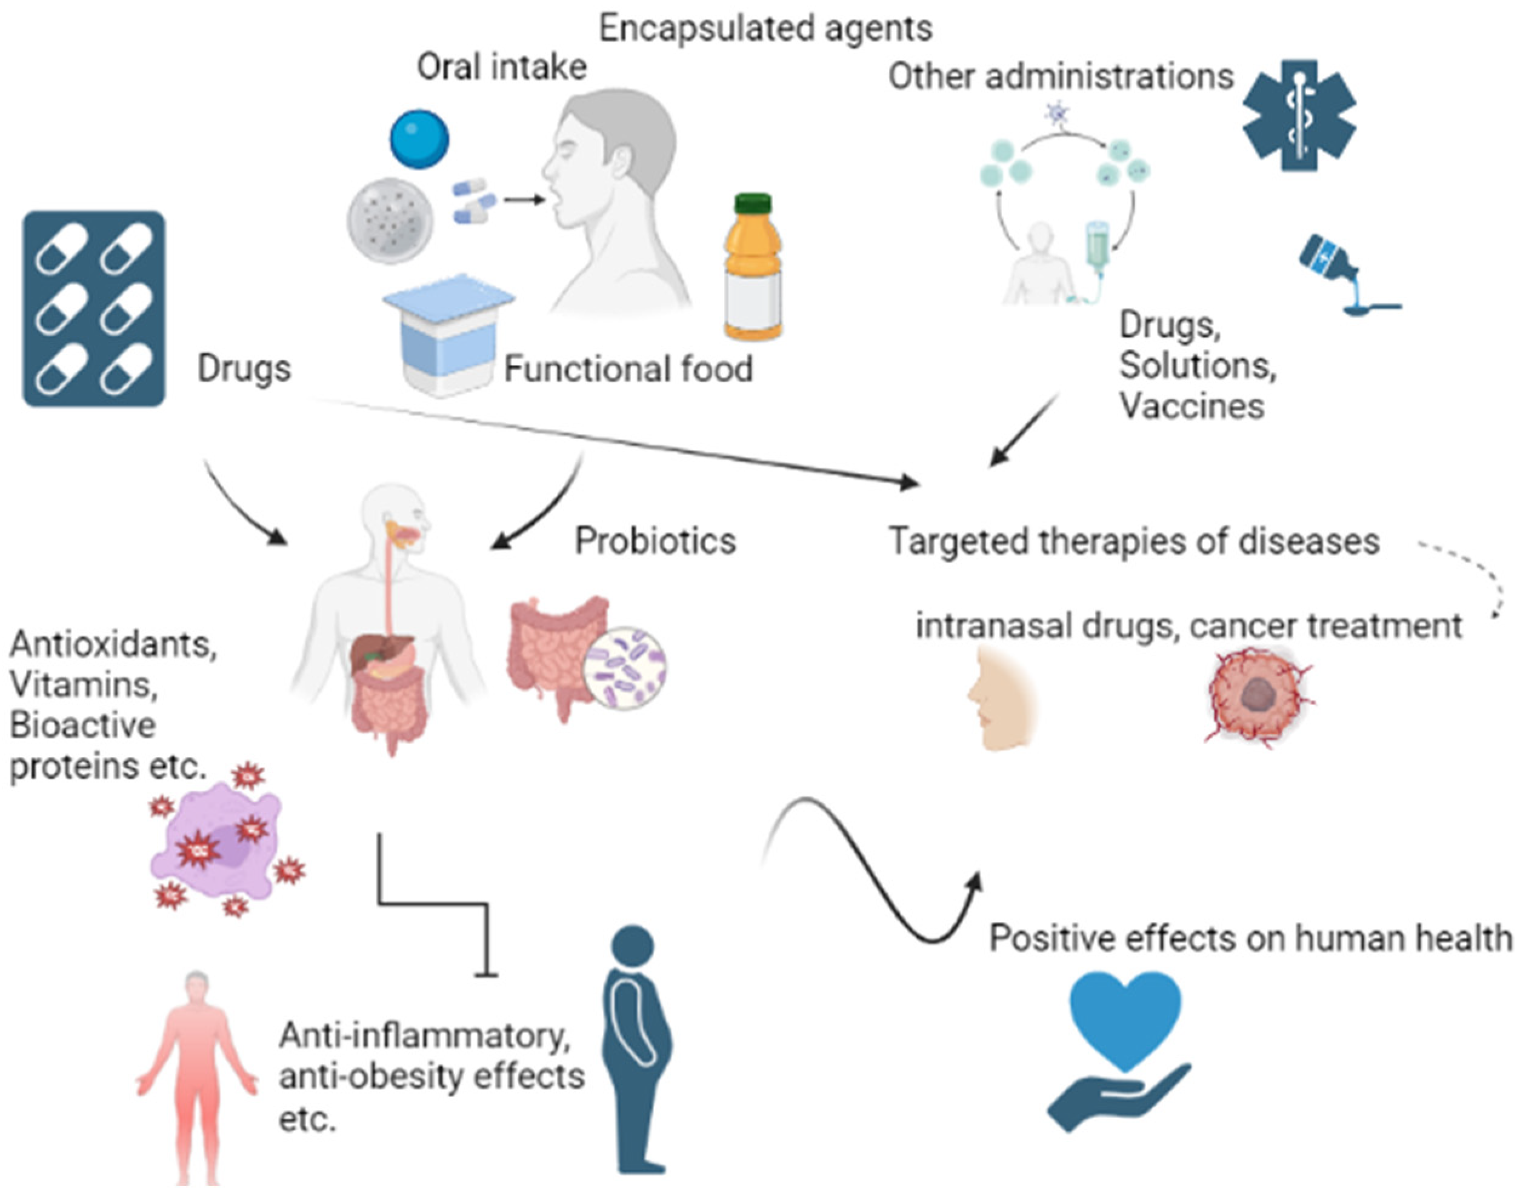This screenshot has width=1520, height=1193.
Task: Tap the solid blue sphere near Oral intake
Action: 419,138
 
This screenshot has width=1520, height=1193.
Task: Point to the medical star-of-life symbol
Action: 1299,115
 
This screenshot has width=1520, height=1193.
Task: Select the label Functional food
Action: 628,369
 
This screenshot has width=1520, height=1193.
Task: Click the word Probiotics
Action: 655,541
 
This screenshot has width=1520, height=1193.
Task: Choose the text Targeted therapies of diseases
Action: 1134,541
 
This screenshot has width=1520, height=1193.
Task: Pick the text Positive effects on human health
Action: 1250,938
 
